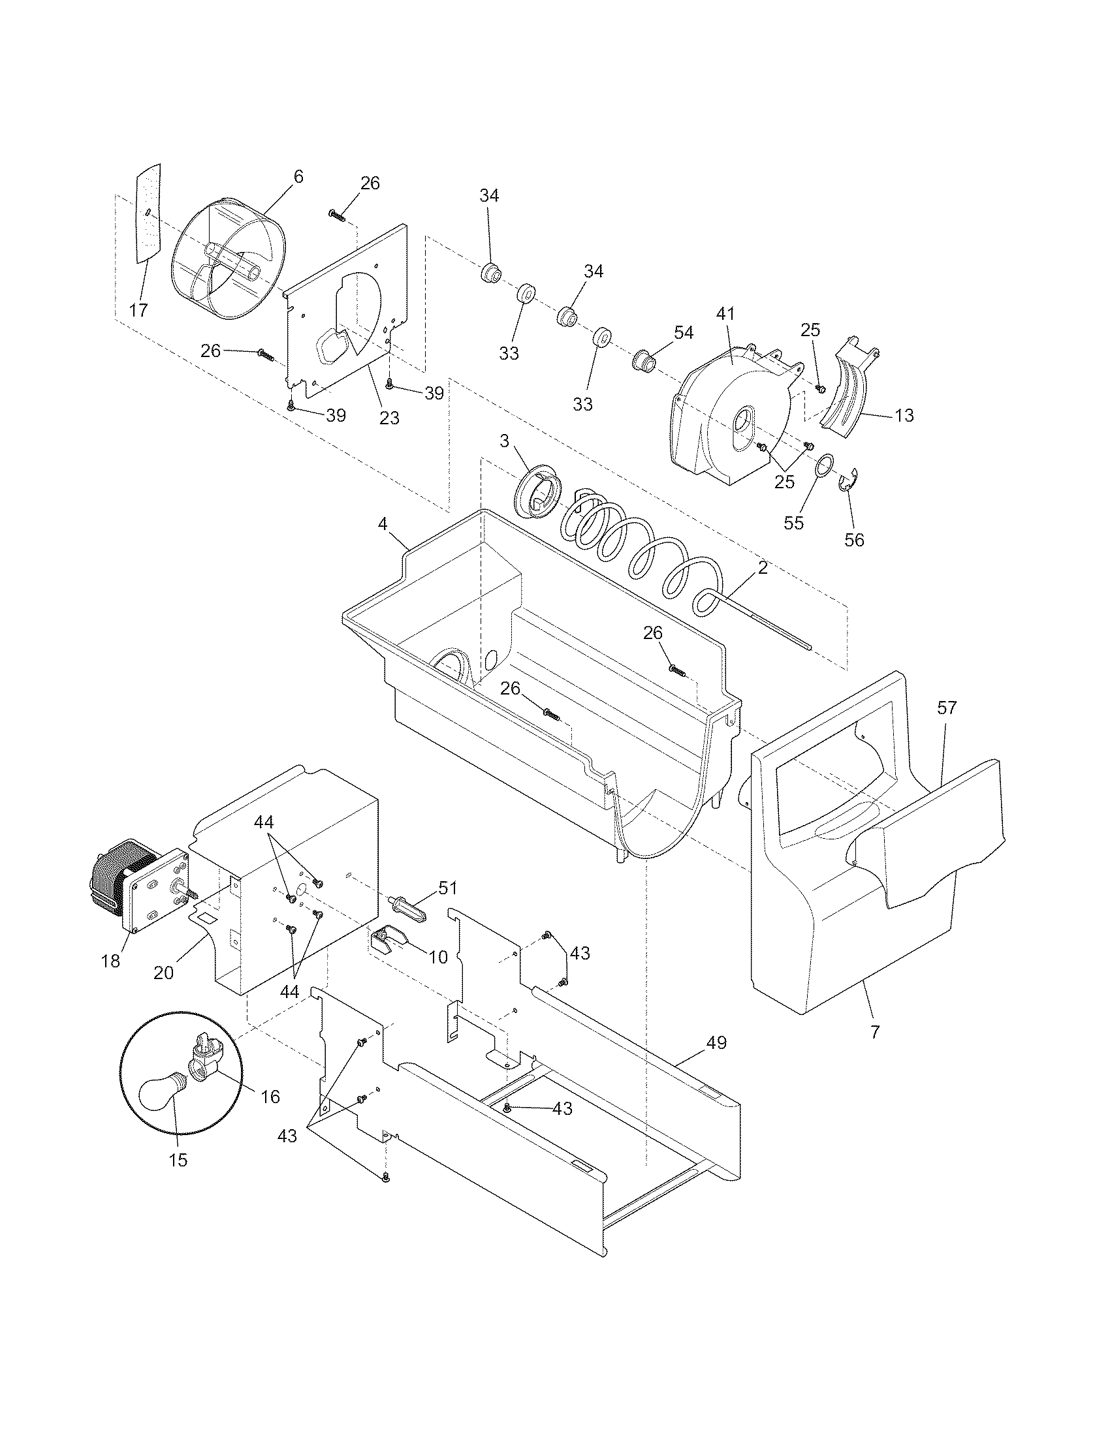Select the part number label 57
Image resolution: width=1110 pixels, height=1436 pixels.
click(x=947, y=708)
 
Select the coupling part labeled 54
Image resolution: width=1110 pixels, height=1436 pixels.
click(x=643, y=360)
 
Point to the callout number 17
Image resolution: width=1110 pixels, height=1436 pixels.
click(x=138, y=311)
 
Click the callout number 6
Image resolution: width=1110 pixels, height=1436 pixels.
click(x=298, y=176)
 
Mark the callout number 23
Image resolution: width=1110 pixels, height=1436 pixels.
click(x=389, y=418)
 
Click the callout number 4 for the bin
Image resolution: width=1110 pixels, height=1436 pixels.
click(x=382, y=524)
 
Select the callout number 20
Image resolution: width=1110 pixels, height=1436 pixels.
click(x=163, y=973)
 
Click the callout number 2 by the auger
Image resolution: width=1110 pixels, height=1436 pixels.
click(x=762, y=568)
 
